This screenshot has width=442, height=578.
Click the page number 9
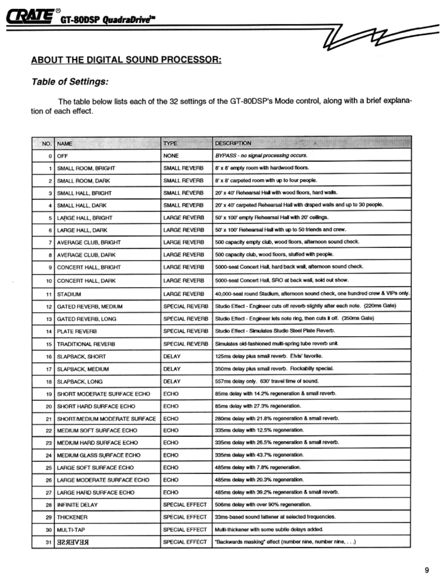pos(427,570)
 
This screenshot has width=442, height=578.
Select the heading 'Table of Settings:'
pos(70,82)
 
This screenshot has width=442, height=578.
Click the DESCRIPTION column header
pos(233,143)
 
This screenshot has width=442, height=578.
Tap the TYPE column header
pos(170,143)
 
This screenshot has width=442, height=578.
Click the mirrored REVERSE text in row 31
pos(73,542)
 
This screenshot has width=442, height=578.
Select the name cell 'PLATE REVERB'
pos(77,331)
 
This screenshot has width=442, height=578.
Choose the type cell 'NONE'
pos(171,156)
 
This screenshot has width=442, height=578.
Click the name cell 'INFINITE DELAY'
pos(77,505)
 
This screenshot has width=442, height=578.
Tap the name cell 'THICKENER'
pos(72,517)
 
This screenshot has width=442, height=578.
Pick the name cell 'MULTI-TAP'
pos(71,530)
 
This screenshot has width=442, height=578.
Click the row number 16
pos(49,357)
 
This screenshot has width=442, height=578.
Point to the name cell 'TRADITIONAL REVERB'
pos(86,344)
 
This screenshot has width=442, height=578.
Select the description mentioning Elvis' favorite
pos(269,356)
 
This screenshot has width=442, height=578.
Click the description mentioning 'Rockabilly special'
pos(274,369)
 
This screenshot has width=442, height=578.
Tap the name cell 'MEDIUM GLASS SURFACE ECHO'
pos(99,455)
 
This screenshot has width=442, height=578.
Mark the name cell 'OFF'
pos(63,156)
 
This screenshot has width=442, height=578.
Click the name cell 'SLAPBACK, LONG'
pos(80,382)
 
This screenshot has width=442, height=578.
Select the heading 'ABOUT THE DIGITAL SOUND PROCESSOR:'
pos(126,60)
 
